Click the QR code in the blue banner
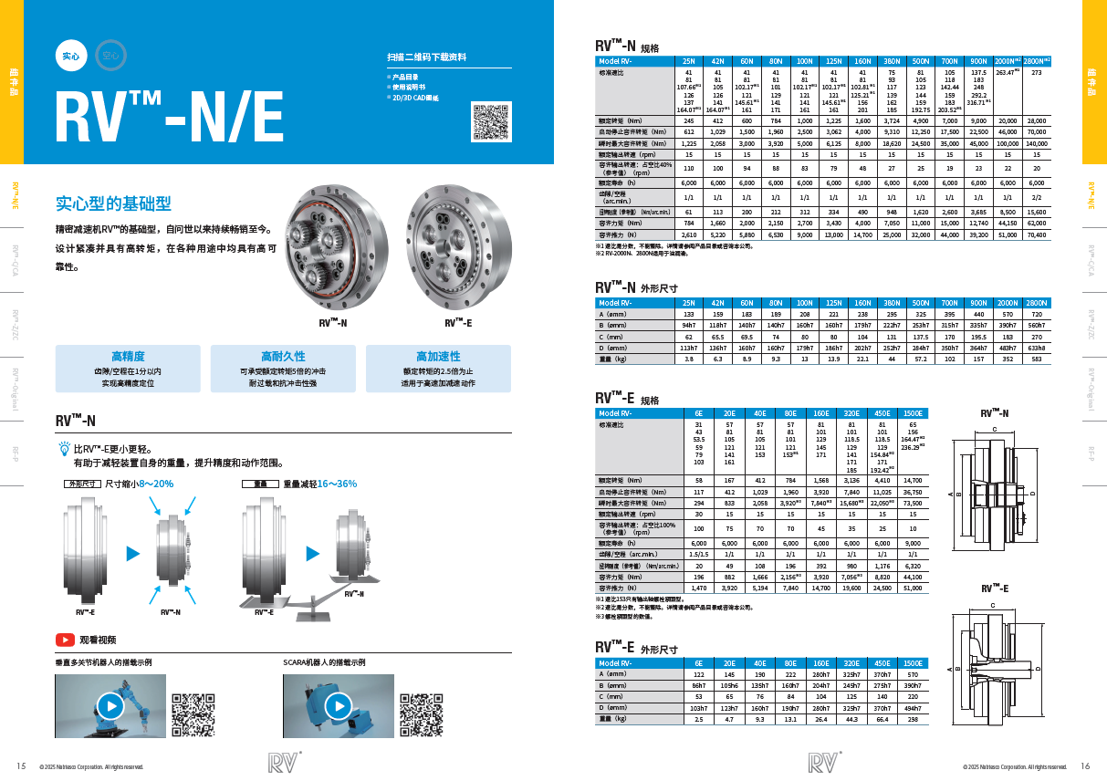489,122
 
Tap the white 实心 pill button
71,56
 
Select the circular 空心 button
110,56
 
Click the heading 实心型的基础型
113,203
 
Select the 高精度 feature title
128,356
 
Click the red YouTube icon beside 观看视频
65,640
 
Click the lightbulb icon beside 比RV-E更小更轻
64,449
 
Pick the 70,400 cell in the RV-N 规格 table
1036,234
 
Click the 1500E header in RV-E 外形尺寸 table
912,663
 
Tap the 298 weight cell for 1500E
912,719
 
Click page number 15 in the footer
21,765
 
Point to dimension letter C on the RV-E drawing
993,604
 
